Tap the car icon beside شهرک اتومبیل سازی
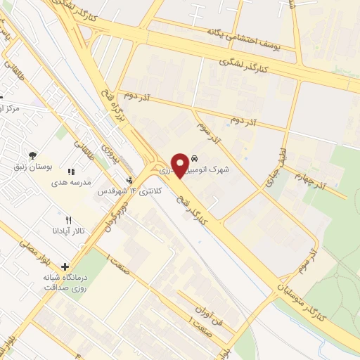click(203, 160)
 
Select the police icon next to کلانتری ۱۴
click(129, 181)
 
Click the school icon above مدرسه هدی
click(70, 172)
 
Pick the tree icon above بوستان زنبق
click(32, 155)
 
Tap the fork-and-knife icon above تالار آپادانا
click(68, 220)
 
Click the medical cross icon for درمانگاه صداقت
click(65, 267)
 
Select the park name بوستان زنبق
click(33, 166)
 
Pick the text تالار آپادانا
click(68, 231)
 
